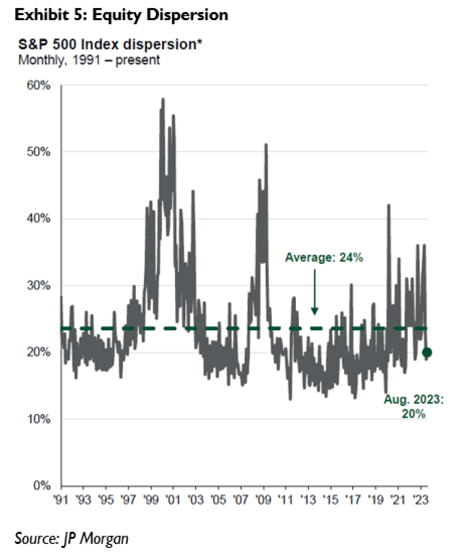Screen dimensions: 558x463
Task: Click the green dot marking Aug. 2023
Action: tap(427, 352)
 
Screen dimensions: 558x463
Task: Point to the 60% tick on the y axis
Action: tap(39, 85)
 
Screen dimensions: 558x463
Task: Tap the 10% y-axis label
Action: tap(39, 419)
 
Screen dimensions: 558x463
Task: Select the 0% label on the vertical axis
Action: tap(42, 485)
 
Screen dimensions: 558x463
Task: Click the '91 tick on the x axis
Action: tap(61, 500)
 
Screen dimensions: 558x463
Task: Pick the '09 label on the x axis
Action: tap(263, 500)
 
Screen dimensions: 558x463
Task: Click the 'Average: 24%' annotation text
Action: tap(324, 258)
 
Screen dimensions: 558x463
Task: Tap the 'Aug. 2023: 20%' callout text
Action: tap(414, 406)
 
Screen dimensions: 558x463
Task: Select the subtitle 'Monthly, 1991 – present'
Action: tap(89, 60)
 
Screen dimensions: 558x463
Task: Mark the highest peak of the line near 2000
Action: tap(163, 99)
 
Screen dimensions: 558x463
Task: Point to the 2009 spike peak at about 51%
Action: tap(266, 144)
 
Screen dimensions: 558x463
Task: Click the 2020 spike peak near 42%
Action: tap(389, 205)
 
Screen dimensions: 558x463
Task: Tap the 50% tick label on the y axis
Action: tap(39, 152)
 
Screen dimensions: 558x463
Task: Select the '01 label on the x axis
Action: tap(173, 500)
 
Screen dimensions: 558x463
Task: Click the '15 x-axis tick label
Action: tap(330, 500)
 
